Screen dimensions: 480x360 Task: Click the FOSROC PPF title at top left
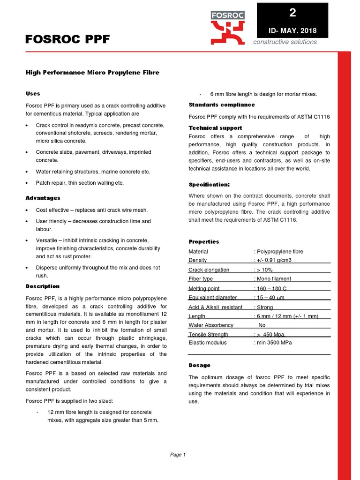tap(67, 40)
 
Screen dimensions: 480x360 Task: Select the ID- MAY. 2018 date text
tap(293, 31)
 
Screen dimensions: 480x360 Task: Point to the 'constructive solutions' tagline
tap(285, 42)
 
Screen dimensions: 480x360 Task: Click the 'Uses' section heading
tap(32, 94)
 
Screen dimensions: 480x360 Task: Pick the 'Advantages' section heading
tap(43, 198)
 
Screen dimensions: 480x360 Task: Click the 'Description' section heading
tap(43, 286)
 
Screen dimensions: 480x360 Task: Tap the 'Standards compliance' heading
tap(222, 105)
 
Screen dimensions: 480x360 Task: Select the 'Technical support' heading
tap(215, 128)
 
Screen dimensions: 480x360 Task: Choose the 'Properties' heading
tap(204, 242)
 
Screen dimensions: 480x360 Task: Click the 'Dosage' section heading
tap(200, 365)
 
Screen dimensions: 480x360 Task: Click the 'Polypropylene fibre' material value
tap(280, 252)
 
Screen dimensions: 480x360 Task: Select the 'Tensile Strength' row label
tap(209, 335)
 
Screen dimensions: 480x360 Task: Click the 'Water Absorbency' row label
tap(211, 325)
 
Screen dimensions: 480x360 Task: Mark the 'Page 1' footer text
tap(178, 455)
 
